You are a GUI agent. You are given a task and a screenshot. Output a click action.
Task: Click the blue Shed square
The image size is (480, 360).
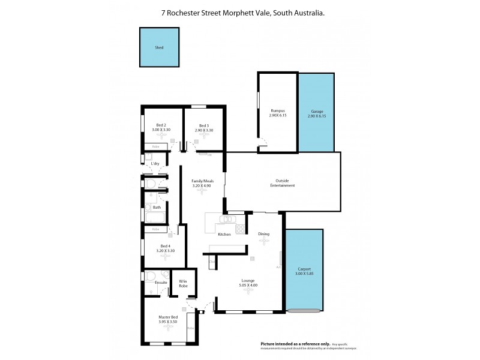159,47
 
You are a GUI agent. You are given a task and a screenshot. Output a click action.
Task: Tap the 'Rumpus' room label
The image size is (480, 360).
278,110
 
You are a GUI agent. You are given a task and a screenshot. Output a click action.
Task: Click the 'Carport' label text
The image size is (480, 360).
304,269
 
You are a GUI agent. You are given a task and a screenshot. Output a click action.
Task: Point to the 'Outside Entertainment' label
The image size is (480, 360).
285,183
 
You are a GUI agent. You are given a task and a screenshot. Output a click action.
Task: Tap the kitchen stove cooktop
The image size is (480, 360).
240,229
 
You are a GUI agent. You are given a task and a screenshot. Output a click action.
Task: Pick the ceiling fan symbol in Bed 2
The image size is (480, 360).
159,136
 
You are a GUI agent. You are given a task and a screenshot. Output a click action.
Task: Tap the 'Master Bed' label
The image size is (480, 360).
168,317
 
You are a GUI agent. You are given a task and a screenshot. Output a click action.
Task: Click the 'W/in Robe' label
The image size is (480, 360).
183,284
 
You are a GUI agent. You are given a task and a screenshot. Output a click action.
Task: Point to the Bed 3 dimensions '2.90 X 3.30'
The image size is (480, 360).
204,130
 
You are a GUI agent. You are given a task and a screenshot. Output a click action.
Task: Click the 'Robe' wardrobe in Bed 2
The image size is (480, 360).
155,146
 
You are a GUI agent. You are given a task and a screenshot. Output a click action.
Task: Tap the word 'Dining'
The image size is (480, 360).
263,234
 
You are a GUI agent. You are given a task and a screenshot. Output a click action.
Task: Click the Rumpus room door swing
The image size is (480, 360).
263,142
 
